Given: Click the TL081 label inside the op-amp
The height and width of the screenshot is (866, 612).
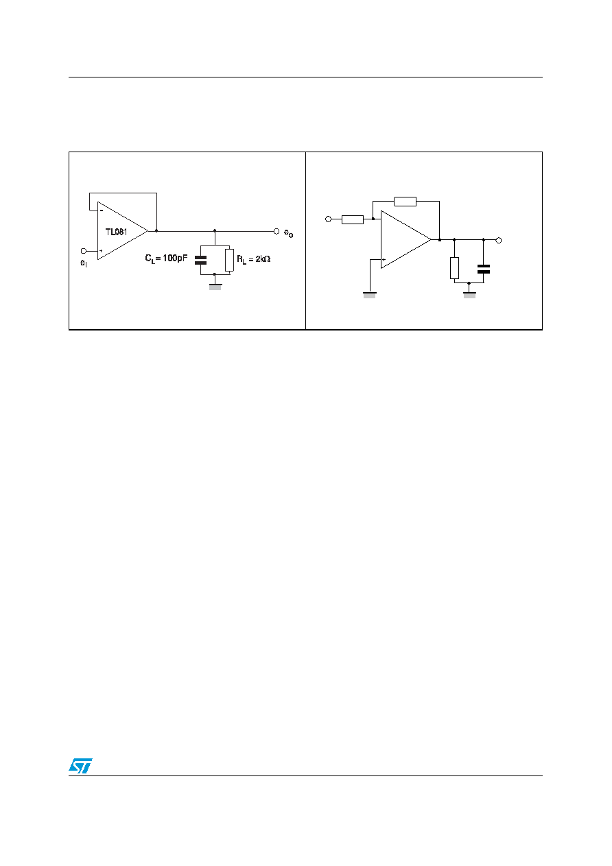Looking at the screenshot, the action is tap(116, 232).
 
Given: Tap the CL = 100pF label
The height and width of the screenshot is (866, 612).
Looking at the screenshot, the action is tap(166, 258).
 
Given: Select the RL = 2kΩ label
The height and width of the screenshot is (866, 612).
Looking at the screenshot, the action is tap(253, 260).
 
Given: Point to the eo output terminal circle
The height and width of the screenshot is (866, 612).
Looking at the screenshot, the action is tap(276, 232).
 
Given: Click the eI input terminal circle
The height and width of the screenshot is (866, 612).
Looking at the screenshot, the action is tap(84, 251).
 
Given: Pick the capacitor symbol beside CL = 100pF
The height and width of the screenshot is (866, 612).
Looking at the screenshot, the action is tap(200, 260).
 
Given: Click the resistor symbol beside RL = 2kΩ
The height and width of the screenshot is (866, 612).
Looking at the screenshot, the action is tap(229, 260).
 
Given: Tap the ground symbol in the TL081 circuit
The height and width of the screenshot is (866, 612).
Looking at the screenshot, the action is tap(215, 287).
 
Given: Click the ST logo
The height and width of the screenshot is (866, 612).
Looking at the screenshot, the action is tap(80, 765).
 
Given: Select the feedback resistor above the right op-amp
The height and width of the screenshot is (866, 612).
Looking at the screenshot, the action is tap(405, 202).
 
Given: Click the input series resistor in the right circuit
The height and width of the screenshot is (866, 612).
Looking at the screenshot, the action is tap(353, 219).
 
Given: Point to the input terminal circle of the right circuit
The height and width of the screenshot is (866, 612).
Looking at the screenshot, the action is tap(329, 219).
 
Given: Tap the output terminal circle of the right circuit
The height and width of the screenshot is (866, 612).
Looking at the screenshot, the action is tap(499, 241).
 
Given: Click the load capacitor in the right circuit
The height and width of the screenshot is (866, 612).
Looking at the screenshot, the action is tap(484, 269).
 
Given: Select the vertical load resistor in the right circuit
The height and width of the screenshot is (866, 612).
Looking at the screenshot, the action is tap(455, 268).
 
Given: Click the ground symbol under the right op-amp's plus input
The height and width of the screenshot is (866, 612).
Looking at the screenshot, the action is tap(370, 295).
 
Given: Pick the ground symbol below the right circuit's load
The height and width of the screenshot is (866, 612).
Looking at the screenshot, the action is tap(469, 295).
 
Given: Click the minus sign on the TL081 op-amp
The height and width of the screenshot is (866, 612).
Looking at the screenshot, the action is tap(102, 211).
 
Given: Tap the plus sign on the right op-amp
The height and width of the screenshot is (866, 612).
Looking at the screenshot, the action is tap(384, 260).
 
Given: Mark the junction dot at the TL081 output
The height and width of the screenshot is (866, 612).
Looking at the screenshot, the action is tap(156, 231).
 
